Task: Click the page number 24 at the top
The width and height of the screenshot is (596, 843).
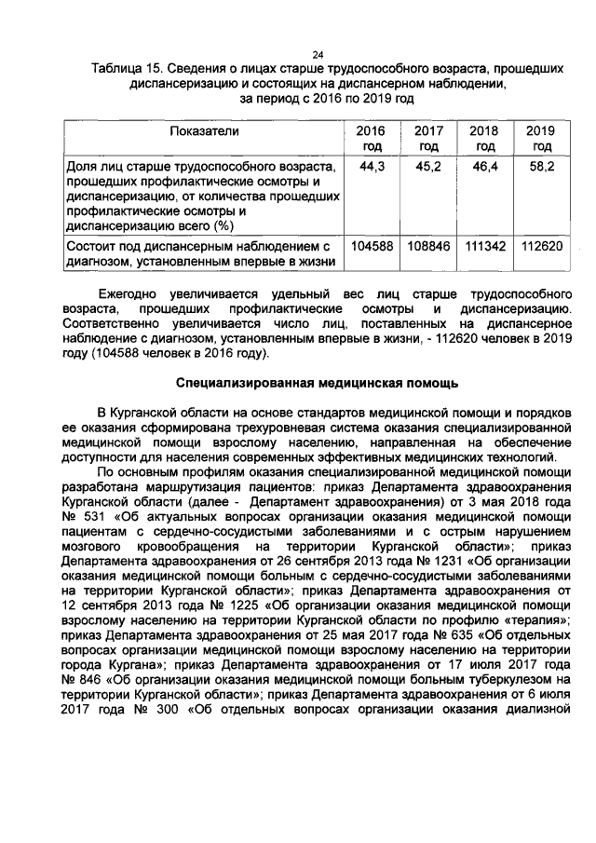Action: point(317,54)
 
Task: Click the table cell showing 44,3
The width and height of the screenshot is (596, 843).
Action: point(372,165)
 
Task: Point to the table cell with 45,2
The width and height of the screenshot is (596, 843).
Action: point(428,165)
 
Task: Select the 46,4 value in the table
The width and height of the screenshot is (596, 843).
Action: point(485,165)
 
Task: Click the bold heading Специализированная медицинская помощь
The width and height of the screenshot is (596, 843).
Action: point(317,383)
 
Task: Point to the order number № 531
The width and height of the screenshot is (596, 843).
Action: point(82,515)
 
